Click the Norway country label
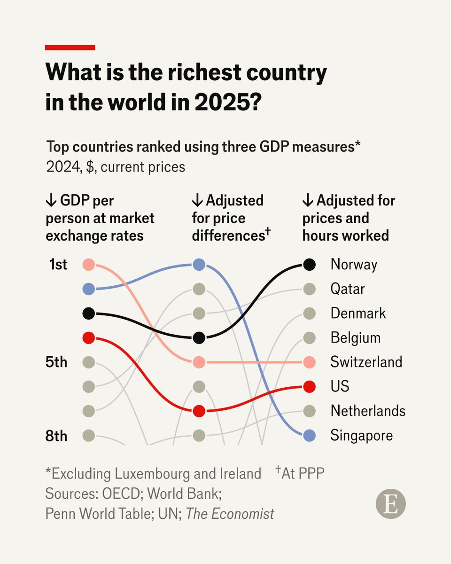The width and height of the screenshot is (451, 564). (x=354, y=264)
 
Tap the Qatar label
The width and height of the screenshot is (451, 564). (x=347, y=289)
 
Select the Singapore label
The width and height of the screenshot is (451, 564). (x=362, y=435)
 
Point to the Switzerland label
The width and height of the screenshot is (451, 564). (x=366, y=362)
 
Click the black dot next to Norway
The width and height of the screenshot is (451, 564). (x=309, y=264)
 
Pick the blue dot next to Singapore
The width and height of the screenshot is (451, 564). (x=309, y=436)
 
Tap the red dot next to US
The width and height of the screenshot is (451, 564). (x=309, y=387)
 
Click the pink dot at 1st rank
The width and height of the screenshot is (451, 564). (x=88, y=264)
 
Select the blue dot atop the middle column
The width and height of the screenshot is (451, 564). (x=199, y=264)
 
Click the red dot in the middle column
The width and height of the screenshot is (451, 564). (x=199, y=411)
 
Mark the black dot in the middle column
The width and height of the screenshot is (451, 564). (x=199, y=337)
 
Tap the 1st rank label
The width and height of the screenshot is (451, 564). (x=58, y=265)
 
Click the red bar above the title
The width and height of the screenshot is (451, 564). (x=70, y=47)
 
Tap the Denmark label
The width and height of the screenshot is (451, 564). (x=358, y=313)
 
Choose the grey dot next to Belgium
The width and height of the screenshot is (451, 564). (x=309, y=337)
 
